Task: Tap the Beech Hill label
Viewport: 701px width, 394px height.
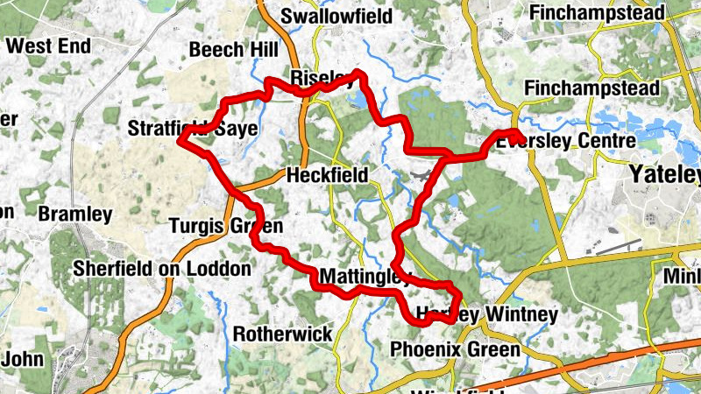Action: point(233,50)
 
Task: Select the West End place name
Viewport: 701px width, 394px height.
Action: point(49,45)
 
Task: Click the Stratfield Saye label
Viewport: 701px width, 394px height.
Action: point(193,130)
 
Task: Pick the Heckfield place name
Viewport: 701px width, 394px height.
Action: point(327,175)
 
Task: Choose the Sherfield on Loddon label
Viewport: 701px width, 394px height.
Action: point(162,268)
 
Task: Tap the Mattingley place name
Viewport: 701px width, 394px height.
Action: point(363,278)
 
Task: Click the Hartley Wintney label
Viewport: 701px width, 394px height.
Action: point(486,313)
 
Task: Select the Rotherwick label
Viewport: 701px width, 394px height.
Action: point(282,334)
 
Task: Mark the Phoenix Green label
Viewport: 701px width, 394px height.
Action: point(455,350)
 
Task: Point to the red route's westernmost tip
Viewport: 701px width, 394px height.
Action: point(180,139)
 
